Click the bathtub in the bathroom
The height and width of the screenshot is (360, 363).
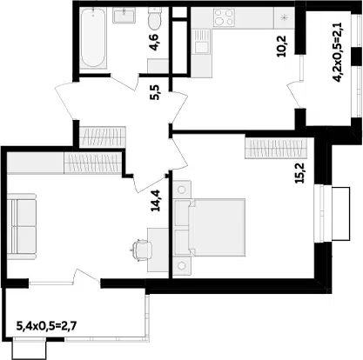tap(93, 38)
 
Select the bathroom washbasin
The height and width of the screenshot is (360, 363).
tap(124, 16)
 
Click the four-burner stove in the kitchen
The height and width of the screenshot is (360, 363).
tap(224, 17)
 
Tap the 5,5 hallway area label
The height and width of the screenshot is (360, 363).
tap(155, 92)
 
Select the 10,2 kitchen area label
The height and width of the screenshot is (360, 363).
tap(281, 46)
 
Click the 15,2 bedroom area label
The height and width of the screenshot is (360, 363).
tap(299, 172)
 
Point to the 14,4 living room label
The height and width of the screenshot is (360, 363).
tap(157, 201)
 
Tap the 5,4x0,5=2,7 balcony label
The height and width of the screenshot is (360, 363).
tap(47, 326)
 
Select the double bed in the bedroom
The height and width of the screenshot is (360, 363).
tap(210, 228)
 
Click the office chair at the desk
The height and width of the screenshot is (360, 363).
tap(141, 250)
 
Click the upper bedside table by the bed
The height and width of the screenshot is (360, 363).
tap(182, 190)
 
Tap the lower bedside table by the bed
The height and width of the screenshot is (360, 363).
tap(182, 265)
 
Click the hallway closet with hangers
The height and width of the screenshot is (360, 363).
tap(102, 137)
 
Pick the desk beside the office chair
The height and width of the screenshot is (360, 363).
tap(158, 250)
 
